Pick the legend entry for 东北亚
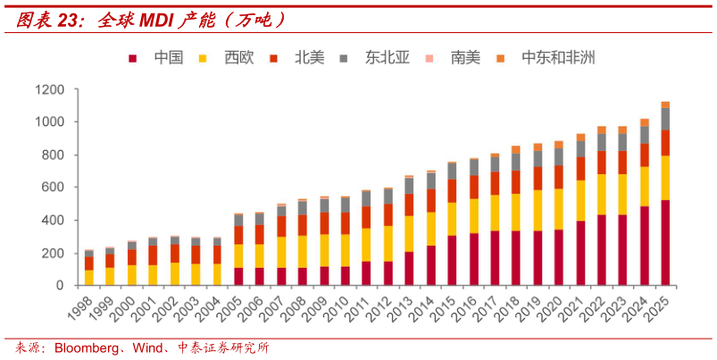[x=387, y=58]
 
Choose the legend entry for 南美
[x=464, y=58]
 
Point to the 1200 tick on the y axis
[x=49, y=89]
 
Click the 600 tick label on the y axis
[x=53, y=188]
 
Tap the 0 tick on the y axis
[x=61, y=286]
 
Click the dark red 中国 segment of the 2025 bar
[x=665, y=243]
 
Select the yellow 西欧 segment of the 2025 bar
[x=665, y=178]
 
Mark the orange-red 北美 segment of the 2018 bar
[x=516, y=182]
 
